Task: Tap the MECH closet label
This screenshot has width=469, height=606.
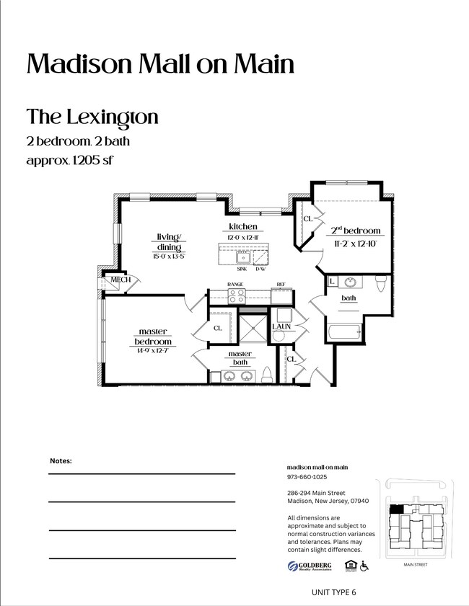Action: click(x=120, y=280)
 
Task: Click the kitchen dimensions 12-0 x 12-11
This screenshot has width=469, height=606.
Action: click(x=243, y=237)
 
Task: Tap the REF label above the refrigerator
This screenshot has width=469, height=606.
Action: click(x=281, y=285)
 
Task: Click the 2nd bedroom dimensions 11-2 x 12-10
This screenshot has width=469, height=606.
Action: click(x=356, y=243)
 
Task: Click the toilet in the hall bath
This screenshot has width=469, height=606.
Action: click(x=381, y=284)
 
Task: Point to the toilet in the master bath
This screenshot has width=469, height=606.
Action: click(x=266, y=375)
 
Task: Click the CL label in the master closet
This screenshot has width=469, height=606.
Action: click(x=217, y=328)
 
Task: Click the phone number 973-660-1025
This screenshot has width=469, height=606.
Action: click(x=307, y=477)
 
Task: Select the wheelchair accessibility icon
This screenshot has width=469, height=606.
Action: click(x=364, y=566)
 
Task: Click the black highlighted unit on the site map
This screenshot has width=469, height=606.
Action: click(x=395, y=509)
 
